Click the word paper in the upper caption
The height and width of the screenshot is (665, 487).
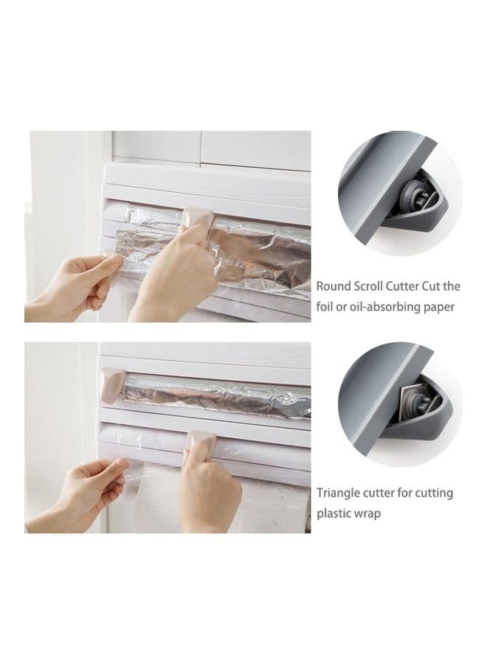pos(439,307)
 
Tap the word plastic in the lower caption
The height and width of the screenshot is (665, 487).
pos(331,514)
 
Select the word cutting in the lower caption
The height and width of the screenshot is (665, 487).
pos(434,494)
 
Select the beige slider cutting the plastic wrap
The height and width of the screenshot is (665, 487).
pos(202,442)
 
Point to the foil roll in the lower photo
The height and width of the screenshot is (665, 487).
pos(217,395)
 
